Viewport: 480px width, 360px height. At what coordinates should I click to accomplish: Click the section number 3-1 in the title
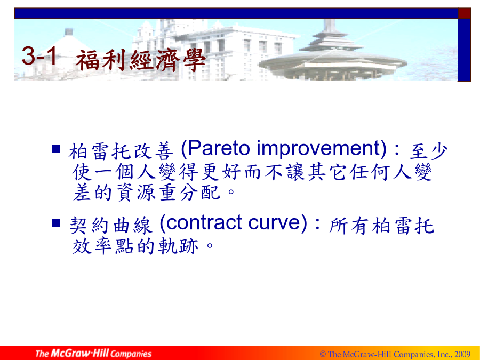[x=39, y=55]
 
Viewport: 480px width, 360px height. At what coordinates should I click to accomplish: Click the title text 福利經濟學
[x=140, y=60]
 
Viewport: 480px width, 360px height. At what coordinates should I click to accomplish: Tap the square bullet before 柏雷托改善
[x=56, y=148]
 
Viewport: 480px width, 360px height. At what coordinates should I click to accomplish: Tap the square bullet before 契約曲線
[x=56, y=222]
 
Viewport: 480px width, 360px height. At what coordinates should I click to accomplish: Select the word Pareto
[x=219, y=148]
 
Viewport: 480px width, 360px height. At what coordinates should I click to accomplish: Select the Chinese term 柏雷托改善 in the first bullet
[x=121, y=151]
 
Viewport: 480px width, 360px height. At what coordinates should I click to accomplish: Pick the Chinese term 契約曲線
[x=111, y=225]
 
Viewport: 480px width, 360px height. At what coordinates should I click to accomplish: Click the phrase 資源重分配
[x=169, y=193]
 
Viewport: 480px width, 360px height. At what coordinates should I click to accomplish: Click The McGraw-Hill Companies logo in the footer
[x=93, y=353]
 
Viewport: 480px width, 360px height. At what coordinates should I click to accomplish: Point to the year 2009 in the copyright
[x=462, y=354]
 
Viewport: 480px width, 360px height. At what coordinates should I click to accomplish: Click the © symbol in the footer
[x=323, y=354]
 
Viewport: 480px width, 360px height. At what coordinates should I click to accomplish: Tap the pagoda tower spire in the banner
[x=330, y=25]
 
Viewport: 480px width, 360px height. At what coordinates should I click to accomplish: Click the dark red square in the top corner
[x=464, y=13]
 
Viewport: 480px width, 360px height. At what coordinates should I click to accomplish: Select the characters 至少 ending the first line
[x=428, y=151]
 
